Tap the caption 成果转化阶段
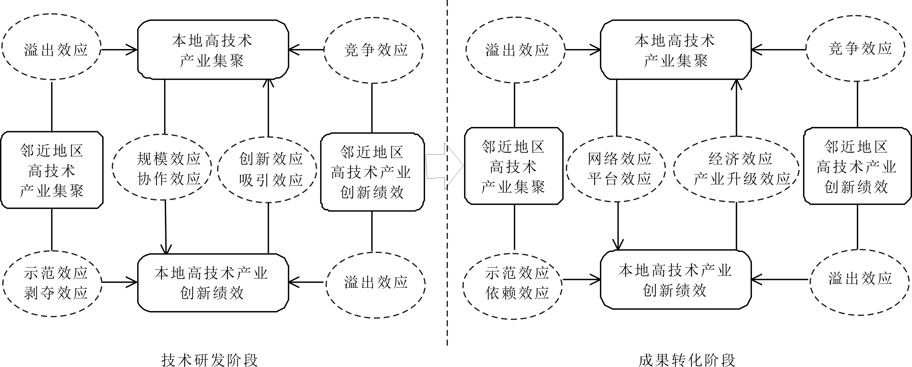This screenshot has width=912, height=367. [x=687, y=360]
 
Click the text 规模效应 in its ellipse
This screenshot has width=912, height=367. [x=169, y=159]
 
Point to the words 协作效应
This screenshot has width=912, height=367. [x=169, y=179]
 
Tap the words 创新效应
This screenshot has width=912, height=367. [x=271, y=159]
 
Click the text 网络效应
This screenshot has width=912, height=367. [x=620, y=159]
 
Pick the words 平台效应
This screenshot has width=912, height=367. [x=620, y=179]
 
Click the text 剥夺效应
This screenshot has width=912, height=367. [x=56, y=293]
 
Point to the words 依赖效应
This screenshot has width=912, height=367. [x=517, y=293]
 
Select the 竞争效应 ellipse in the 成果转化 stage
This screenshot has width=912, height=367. [x=860, y=49]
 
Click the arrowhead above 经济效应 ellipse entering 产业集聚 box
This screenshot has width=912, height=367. [x=736, y=84]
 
